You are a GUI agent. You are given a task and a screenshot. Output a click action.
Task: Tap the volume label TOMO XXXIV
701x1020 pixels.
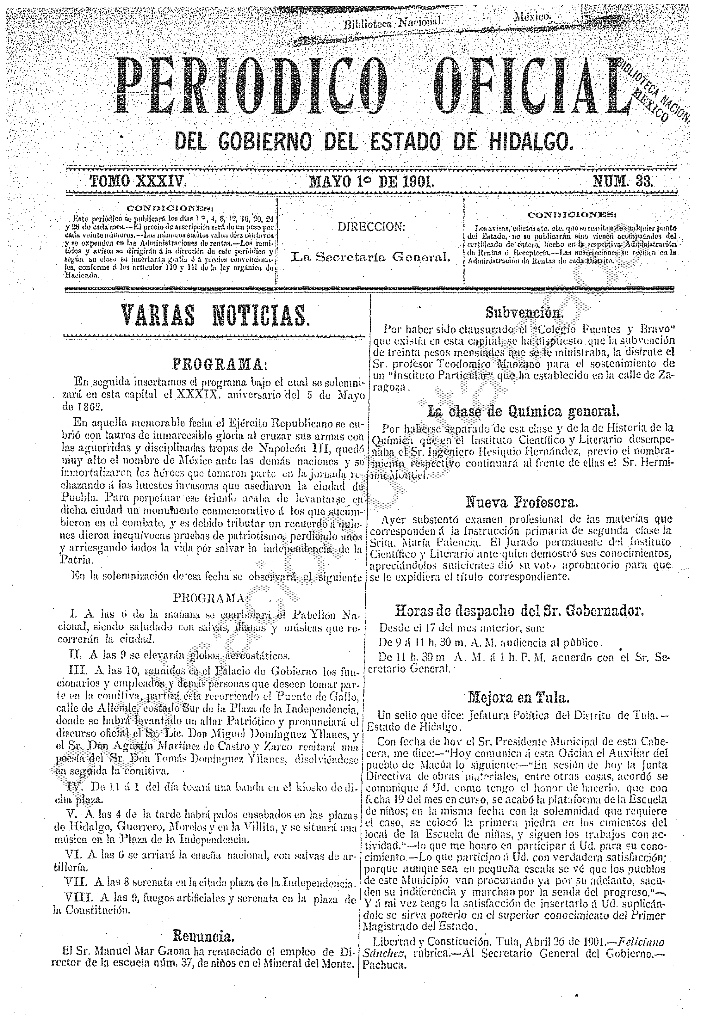(x=138, y=181)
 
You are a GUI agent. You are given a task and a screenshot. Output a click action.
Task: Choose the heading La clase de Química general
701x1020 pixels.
(x=523, y=411)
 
